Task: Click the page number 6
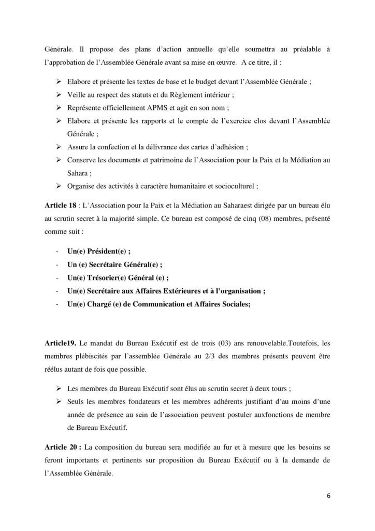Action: coord(328,495)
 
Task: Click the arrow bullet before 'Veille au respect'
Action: coord(57,95)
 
